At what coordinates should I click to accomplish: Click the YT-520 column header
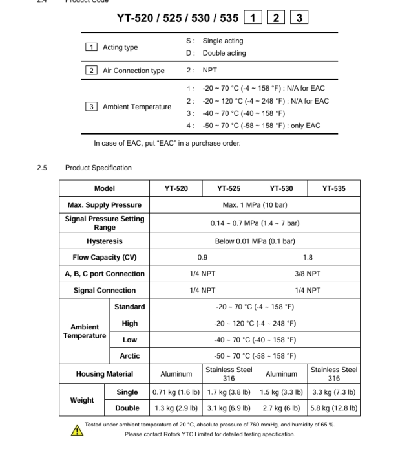point(176,189)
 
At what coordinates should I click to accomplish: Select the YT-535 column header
point(333,189)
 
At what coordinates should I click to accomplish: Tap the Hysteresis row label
point(104,241)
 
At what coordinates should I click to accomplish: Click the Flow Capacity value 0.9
point(202,257)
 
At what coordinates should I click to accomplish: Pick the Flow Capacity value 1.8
point(307,257)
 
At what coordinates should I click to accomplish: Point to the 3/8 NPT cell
point(307,274)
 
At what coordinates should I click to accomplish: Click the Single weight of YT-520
point(176,392)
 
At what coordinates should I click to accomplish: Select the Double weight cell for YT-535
point(333,408)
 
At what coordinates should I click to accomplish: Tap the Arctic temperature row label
point(129,356)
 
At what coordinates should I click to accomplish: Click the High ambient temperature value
point(255,323)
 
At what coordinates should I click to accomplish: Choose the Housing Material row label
point(104,374)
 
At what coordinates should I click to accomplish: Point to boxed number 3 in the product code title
point(299,18)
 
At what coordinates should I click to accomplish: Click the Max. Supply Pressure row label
point(104,205)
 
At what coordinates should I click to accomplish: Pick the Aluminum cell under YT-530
point(281,374)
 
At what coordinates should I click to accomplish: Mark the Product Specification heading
point(98,168)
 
